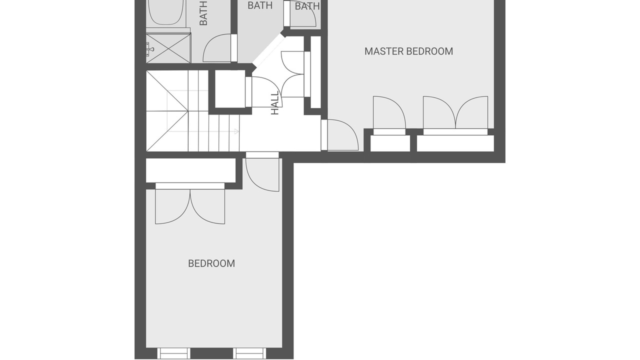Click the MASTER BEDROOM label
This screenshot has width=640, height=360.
[408, 51]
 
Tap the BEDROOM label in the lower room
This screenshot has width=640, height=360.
[211, 263]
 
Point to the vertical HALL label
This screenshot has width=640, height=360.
[275, 103]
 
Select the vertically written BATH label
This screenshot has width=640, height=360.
[203, 13]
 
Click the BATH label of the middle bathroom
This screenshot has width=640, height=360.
[260, 5]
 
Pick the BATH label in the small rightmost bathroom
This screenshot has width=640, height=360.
[307, 6]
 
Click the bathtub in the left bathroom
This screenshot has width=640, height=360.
[165, 12]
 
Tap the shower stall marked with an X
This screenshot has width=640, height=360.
[168, 48]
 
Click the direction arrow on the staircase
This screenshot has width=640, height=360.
[236, 131]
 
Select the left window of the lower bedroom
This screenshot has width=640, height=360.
[173, 353]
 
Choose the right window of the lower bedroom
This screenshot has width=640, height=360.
[249, 353]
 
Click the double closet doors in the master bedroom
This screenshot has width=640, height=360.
[455, 112]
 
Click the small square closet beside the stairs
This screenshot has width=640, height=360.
[229, 89]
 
